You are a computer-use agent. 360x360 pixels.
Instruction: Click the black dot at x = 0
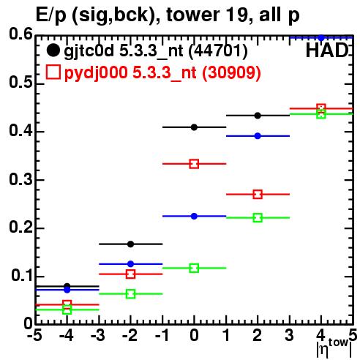pyautogui.click(x=194, y=127)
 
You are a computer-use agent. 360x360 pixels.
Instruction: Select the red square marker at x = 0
pyautogui.click(x=194, y=164)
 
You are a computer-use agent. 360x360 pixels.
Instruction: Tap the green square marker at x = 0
pyautogui.click(x=194, y=268)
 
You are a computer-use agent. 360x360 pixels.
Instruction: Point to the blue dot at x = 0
pyautogui.click(x=194, y=216)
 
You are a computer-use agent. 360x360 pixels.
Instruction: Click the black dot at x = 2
pyautogui.click(x=258, y=116)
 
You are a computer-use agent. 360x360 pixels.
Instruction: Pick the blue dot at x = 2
pyautogui.click(x=258, y=136)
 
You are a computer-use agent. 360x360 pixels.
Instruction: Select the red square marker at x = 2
pyautogui.click(x=258, y=195)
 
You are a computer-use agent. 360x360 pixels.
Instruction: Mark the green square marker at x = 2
pyautogui.click(x=258, y=217)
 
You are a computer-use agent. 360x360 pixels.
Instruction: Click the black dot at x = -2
pyautogui.click(x=130, y=244)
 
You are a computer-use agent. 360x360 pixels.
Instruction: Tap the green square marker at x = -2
pyautogui.click(x=130, y=294)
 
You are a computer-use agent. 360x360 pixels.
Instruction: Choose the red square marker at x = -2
pyautogui.click(x=130, y=274)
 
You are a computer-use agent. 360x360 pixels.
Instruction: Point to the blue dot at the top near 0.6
pyautogui.click(x=321, y=38)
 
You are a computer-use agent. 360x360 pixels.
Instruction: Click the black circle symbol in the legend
pyautogui.click(x=53, y=50)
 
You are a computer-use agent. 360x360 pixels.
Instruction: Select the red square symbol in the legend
pyautogui.click(x=53, y=72)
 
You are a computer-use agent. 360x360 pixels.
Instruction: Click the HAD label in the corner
pyautogui.click(x=327, y=50)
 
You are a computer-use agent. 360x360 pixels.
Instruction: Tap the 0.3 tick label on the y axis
pyautogui.click(x=20, y=180)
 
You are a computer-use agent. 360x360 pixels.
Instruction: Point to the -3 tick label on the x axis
pyautogui.click(x=98, y=335)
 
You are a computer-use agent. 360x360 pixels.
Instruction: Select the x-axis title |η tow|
pyautogui.click(x=334, y=348)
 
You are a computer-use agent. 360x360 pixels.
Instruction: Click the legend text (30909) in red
pyautogui.click(x=231, y=72)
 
